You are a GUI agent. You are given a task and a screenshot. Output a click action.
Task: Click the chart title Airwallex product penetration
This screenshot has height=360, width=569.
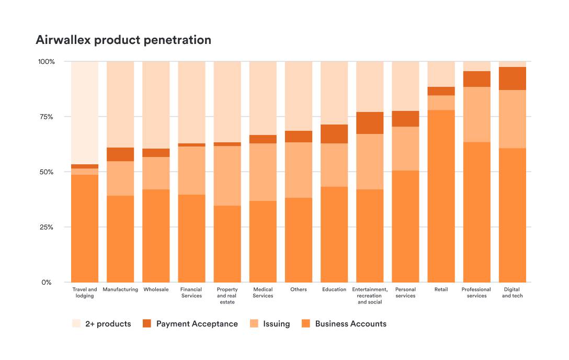coord(123,40)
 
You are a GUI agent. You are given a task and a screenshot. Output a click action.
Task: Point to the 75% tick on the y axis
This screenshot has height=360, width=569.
coord(46,117)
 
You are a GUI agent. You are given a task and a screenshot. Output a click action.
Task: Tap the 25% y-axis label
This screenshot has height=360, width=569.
coord(46,227)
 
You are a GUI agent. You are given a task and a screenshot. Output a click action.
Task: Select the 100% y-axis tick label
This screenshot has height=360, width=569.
coord(45,62)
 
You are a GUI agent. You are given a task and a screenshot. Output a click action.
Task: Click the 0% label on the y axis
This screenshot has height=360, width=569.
coord(47,283)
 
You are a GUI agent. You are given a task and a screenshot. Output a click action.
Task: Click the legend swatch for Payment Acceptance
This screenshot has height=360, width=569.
coord(147,324)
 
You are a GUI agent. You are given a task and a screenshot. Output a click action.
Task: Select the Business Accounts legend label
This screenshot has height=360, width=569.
coord(350,324)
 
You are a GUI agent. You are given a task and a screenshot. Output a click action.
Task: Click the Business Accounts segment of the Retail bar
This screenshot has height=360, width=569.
coord(441,196)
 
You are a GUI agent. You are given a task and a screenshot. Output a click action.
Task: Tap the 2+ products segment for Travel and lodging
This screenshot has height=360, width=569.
coord(85,113)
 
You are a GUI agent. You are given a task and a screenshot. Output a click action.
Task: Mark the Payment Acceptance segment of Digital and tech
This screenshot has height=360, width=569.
coord(512,78)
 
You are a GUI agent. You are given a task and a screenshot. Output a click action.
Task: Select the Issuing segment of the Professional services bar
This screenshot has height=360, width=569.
coord(476,114)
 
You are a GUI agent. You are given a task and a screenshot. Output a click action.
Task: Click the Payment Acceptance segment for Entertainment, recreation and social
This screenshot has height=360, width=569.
coord(370,123)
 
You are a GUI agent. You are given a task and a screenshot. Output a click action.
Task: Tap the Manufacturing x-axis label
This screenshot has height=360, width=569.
coord(120,289)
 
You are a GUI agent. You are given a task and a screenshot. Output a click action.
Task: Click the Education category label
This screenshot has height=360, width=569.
coord(334,289)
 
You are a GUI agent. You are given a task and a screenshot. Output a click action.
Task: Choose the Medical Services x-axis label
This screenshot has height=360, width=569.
coord(263,292)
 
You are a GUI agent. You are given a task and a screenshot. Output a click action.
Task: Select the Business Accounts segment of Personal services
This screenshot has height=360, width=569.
coord(405,227)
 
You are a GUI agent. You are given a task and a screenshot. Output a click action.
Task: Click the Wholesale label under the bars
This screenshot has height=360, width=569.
coord(156,289)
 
